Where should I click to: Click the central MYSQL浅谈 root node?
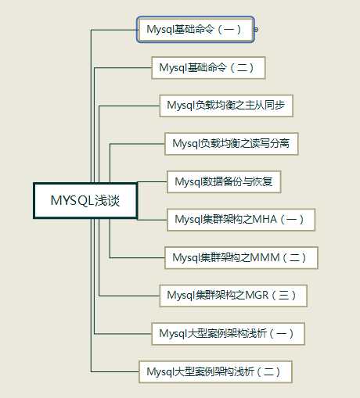click(85, 200)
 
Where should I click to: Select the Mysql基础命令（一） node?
click(196, 30)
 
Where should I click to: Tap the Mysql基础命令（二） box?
click(208, 68)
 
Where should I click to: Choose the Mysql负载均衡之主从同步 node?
click(226, 106)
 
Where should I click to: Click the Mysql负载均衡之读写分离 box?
click(231, 144)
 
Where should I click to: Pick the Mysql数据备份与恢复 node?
click(224, 181)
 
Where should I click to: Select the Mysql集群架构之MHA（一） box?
click(241, 220)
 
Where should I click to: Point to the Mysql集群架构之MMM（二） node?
click(241, 258)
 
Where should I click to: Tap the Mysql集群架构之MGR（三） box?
click(233, 296)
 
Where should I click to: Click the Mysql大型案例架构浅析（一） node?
click(228, 334)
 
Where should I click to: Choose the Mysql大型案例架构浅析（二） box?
click(215, 371)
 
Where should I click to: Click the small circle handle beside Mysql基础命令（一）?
click(256, 30)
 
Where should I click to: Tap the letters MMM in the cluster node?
click(265, 257)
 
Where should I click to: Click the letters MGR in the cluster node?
click(257, 296)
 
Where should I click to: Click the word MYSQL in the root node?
click(72, 200)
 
